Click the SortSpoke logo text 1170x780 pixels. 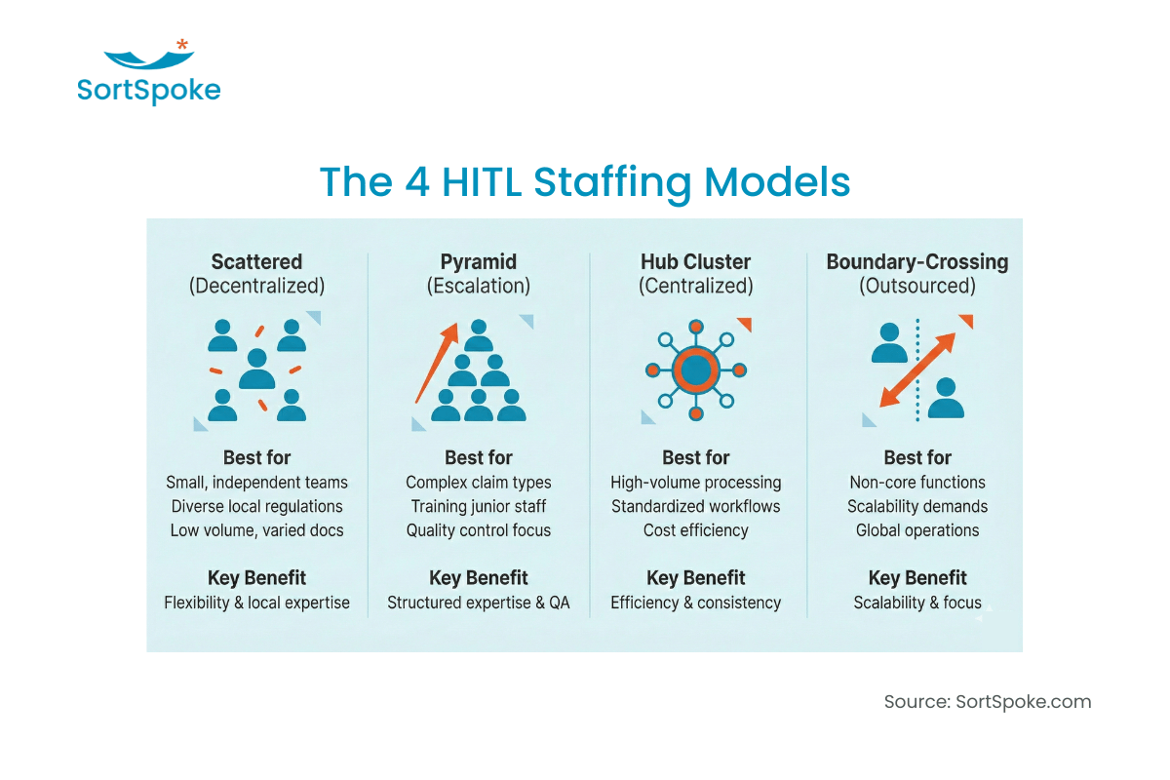(x=149, y=91)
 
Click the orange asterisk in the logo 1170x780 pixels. (x=182, y=45)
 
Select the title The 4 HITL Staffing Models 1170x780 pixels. (x=585, y=182)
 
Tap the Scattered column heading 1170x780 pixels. (x=256, y=262)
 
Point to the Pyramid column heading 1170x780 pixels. (x=478, y=262)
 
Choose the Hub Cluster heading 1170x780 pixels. (x=695, y=262)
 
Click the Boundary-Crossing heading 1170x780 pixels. (x=916, y=262)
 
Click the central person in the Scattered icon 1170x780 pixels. (x=257, y=369)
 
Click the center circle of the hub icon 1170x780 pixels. (x=695, y=370)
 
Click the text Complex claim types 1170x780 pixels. (x=478, y=483)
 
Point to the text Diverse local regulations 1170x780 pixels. (x=256, y=507)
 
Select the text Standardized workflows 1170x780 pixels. (x=695, y=507)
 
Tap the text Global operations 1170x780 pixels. (x=916, y=530)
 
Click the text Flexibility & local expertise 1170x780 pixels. (x=256, y=603)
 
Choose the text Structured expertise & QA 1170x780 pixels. (x=478, y=603)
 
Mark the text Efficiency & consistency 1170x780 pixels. (x=695, y=603)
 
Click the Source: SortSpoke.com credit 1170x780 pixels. (x=987, y=702)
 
